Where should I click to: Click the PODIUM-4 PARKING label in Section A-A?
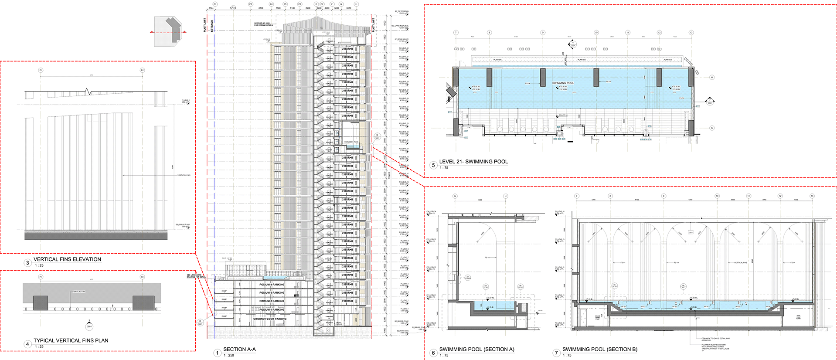[272, 284]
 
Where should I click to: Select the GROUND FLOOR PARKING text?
[270, 319]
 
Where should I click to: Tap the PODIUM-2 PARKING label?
[272, 301]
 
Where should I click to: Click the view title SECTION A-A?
[239, 349]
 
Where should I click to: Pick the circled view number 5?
[433, 165]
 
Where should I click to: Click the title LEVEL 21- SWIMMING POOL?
[473, 162]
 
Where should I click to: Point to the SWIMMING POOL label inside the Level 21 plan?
[563, 83]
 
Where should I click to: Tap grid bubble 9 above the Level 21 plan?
[543, 33]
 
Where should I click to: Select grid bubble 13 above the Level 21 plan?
[691, 33]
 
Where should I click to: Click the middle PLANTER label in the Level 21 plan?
[582, 60]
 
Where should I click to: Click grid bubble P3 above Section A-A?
[251, 4]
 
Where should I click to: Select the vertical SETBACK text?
[212, 26]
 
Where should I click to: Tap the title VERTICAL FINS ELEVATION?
[67, 259]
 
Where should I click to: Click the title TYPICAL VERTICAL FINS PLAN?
[71, 340]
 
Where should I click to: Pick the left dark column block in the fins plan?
[41, 302]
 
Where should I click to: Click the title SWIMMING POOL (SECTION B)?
[599, 349]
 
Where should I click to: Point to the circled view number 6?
[433, 353]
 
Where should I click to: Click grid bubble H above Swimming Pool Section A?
[506, 196]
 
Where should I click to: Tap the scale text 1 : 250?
[228, 355]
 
